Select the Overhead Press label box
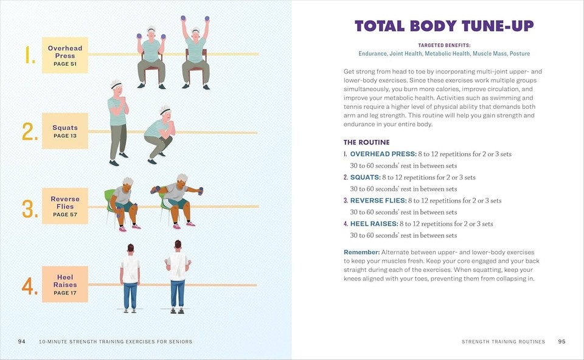(x=65, y=55)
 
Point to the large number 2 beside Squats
(x=30, y=132)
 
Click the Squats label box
(x=65, y=131)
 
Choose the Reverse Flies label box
(x=65, y=207)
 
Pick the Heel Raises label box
(x=65, y=284)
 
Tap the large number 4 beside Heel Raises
(x=30, y=286)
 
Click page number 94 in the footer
(x=21, y=342)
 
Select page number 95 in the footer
(x=561, y=342)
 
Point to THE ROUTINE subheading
(x=366, y=142)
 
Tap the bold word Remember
(x=361, y=252)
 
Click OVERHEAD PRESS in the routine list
(x=383, y=154)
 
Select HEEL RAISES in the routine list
(x=375, y=224)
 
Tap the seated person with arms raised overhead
(x=196, y=52)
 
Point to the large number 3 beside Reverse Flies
(x=30, y=209)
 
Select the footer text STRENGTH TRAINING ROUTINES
(x=503, y=342)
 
